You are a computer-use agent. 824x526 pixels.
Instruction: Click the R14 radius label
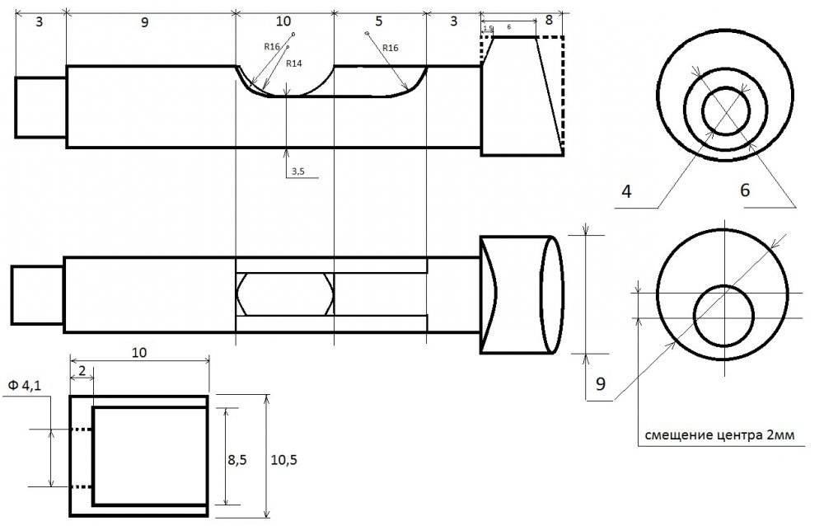click(x=294, y=63)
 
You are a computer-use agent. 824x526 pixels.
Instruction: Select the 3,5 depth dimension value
click(x=298, y=171)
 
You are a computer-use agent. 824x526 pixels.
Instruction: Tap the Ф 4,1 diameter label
click(x=24, y=386)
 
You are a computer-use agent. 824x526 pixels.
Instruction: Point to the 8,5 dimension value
click(x=237, y=460)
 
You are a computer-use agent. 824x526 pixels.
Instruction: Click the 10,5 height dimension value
click(x=283, y=460)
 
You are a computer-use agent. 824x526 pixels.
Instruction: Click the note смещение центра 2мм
click(x=719, y=435)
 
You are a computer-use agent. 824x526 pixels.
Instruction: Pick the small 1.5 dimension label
click(x=487, y=28)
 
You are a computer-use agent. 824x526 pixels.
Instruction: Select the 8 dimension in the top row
click(x=549, y=20)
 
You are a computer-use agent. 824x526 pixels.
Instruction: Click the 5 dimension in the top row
click(x=379, y=21)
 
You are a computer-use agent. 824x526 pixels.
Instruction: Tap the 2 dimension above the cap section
click(x=82, y=370)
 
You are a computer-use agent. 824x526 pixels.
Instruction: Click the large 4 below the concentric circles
click(x=626, y=191)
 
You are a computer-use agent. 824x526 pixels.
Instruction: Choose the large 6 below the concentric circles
click(x=745, y=190)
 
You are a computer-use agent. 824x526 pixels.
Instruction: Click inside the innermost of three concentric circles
click(x=726, y=111)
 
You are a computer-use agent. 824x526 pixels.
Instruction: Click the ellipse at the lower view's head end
click(x=552, y=294)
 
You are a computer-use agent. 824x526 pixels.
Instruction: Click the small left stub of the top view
click(x=40, y=107)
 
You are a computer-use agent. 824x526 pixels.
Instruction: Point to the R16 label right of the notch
click(x=390, y=48)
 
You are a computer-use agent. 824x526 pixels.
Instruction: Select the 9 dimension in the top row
click(x=144, y=22)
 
